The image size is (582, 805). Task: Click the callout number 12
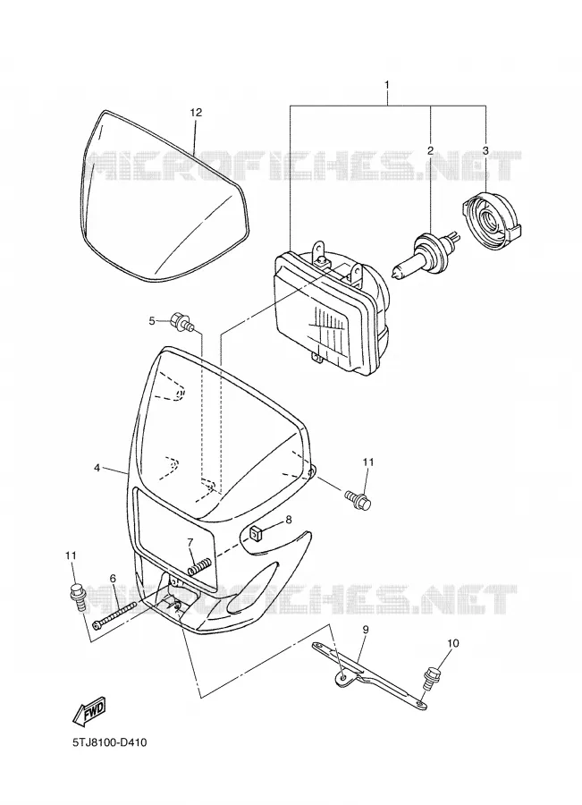point(196,113)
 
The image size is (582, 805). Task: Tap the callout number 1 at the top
point(387,84)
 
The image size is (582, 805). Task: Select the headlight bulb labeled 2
point(426,254)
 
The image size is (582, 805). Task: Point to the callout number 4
point(97,468)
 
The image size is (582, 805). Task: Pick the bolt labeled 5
point(183,322)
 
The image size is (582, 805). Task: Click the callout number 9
point(366,629)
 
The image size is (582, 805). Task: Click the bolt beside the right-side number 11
point(358,498)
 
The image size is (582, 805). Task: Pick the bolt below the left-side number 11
point(77,597)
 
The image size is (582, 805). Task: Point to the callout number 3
point(485,150)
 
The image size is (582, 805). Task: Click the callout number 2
point(430,150)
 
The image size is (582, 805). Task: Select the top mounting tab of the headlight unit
point(320,253)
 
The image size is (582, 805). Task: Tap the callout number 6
point(113,579)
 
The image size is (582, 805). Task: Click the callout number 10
point(452,643)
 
